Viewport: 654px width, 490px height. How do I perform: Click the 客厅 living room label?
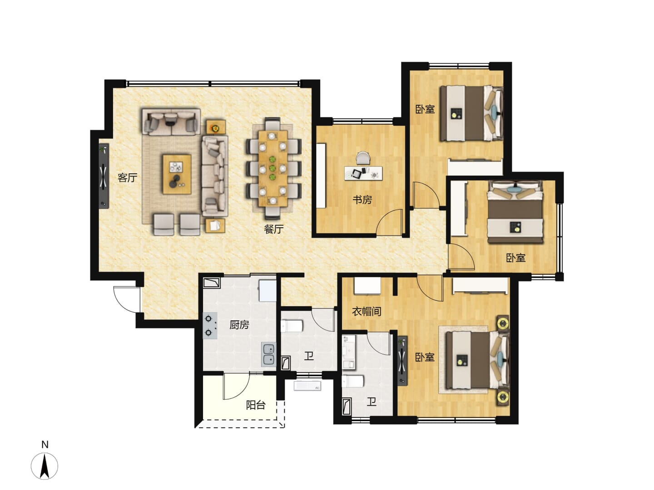pyautogui.click(x=128, y=177)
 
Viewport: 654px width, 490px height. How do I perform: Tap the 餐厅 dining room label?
pyautogui.click(x=273, y=229)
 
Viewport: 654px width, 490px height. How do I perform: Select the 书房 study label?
pyautogui.click(x=362, y=200)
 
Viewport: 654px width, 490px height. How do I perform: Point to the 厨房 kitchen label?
pyautogui.click(x=239, y=325)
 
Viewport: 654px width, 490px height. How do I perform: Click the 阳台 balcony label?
pyautogui.click(x=256, y=405)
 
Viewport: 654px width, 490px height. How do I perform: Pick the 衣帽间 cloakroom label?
pyautogui.click(x=367, y=312)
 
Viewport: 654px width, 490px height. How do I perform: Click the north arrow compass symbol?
pyautogui.click(x=45, y=465)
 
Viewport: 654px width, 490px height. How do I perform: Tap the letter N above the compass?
pyautogui.click(x=45, y=445)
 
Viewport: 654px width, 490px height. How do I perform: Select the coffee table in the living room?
pyautogui.click(x=177, y=174)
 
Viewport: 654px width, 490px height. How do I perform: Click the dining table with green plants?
pyautogui.click(x=272, y=168)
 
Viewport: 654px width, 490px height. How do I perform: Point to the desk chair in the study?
pyautogui.click(x=362, y=158)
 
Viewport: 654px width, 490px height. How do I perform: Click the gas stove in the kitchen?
pyautogui.click(x=210, y=326)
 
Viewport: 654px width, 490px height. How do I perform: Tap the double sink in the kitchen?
pyautogui.click(x=269, y=354)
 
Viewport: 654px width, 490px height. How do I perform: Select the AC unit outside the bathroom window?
pyautogui.click(x=307, y=386)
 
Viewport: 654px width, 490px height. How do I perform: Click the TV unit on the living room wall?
pyautogui.click(x=104, y=176)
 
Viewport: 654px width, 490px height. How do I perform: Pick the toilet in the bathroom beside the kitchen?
pyautogui.click(x=292, y=325)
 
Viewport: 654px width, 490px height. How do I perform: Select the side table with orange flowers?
pyautogui.click(x=216, y=127)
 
